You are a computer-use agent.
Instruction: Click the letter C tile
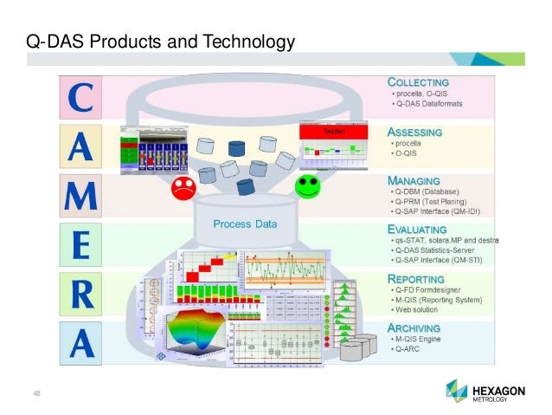[87, 98]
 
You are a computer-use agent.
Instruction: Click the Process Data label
[246, 224]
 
